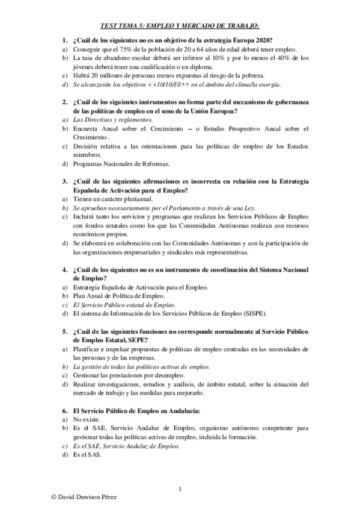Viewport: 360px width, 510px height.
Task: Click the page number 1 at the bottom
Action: point(180,488)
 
